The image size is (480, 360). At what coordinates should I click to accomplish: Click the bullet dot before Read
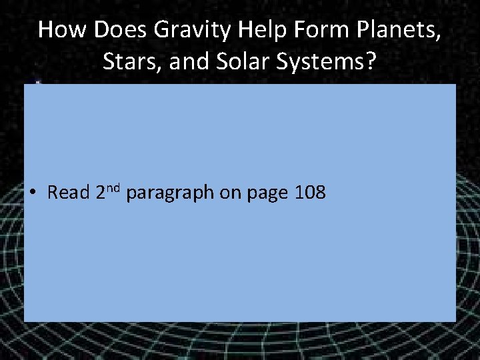32,193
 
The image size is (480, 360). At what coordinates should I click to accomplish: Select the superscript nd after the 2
115,187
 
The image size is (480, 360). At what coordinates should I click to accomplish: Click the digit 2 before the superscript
101,193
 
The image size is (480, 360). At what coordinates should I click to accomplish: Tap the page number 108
309,193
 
